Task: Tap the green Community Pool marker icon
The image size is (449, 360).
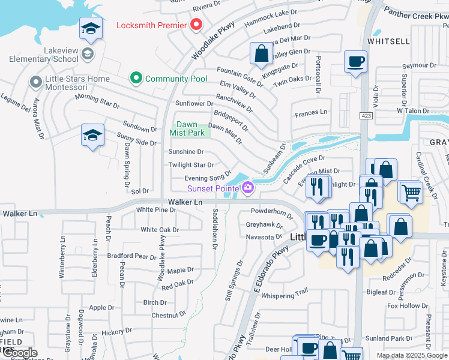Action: point(136,79)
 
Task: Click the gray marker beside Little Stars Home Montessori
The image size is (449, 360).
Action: point(36,80)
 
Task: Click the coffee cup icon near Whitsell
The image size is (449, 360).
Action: point(355,61)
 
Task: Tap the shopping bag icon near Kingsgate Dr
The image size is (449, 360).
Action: point(261,53)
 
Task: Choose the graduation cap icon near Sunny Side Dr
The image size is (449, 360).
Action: point(93,135)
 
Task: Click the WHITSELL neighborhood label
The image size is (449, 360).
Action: point(388,41)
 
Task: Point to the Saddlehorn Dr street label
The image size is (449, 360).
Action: point(215,224)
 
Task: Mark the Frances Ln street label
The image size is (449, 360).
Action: point(311,112)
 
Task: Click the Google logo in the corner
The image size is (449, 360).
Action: point(20,353)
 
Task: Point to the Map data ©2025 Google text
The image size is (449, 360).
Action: point(412,355)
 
